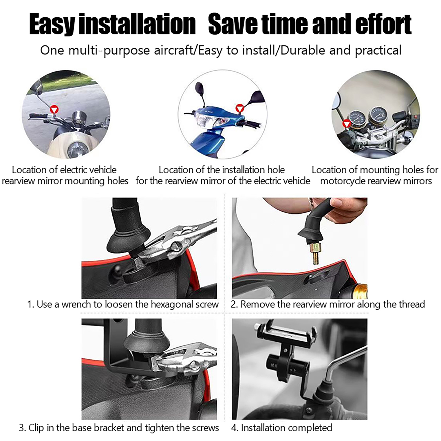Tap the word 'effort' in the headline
coord(383,25)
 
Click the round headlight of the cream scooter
coord(78,149)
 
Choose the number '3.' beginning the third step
coord(23,428)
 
